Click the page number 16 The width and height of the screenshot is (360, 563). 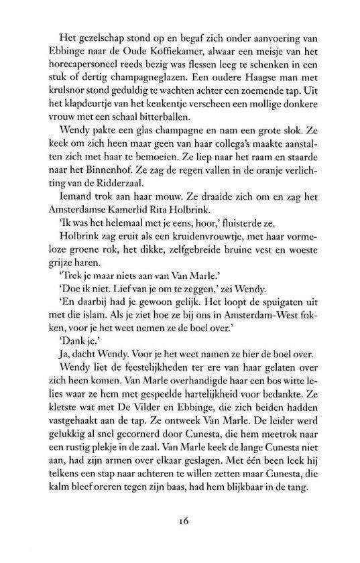click(x=184, y=536)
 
